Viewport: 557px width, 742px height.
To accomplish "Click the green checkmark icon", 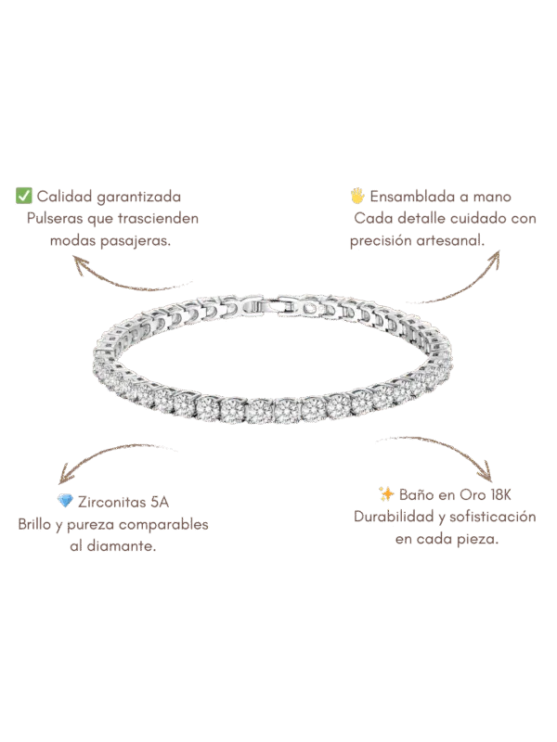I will coord(24,196).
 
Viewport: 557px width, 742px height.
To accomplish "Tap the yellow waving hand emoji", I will coord(357,196).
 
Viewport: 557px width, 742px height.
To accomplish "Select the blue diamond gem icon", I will coord(65,502).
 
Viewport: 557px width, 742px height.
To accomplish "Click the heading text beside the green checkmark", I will coord(110,197).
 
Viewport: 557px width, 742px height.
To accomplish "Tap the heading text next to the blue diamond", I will coord(123,502).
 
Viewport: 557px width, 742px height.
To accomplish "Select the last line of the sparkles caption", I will coord(448,540).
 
